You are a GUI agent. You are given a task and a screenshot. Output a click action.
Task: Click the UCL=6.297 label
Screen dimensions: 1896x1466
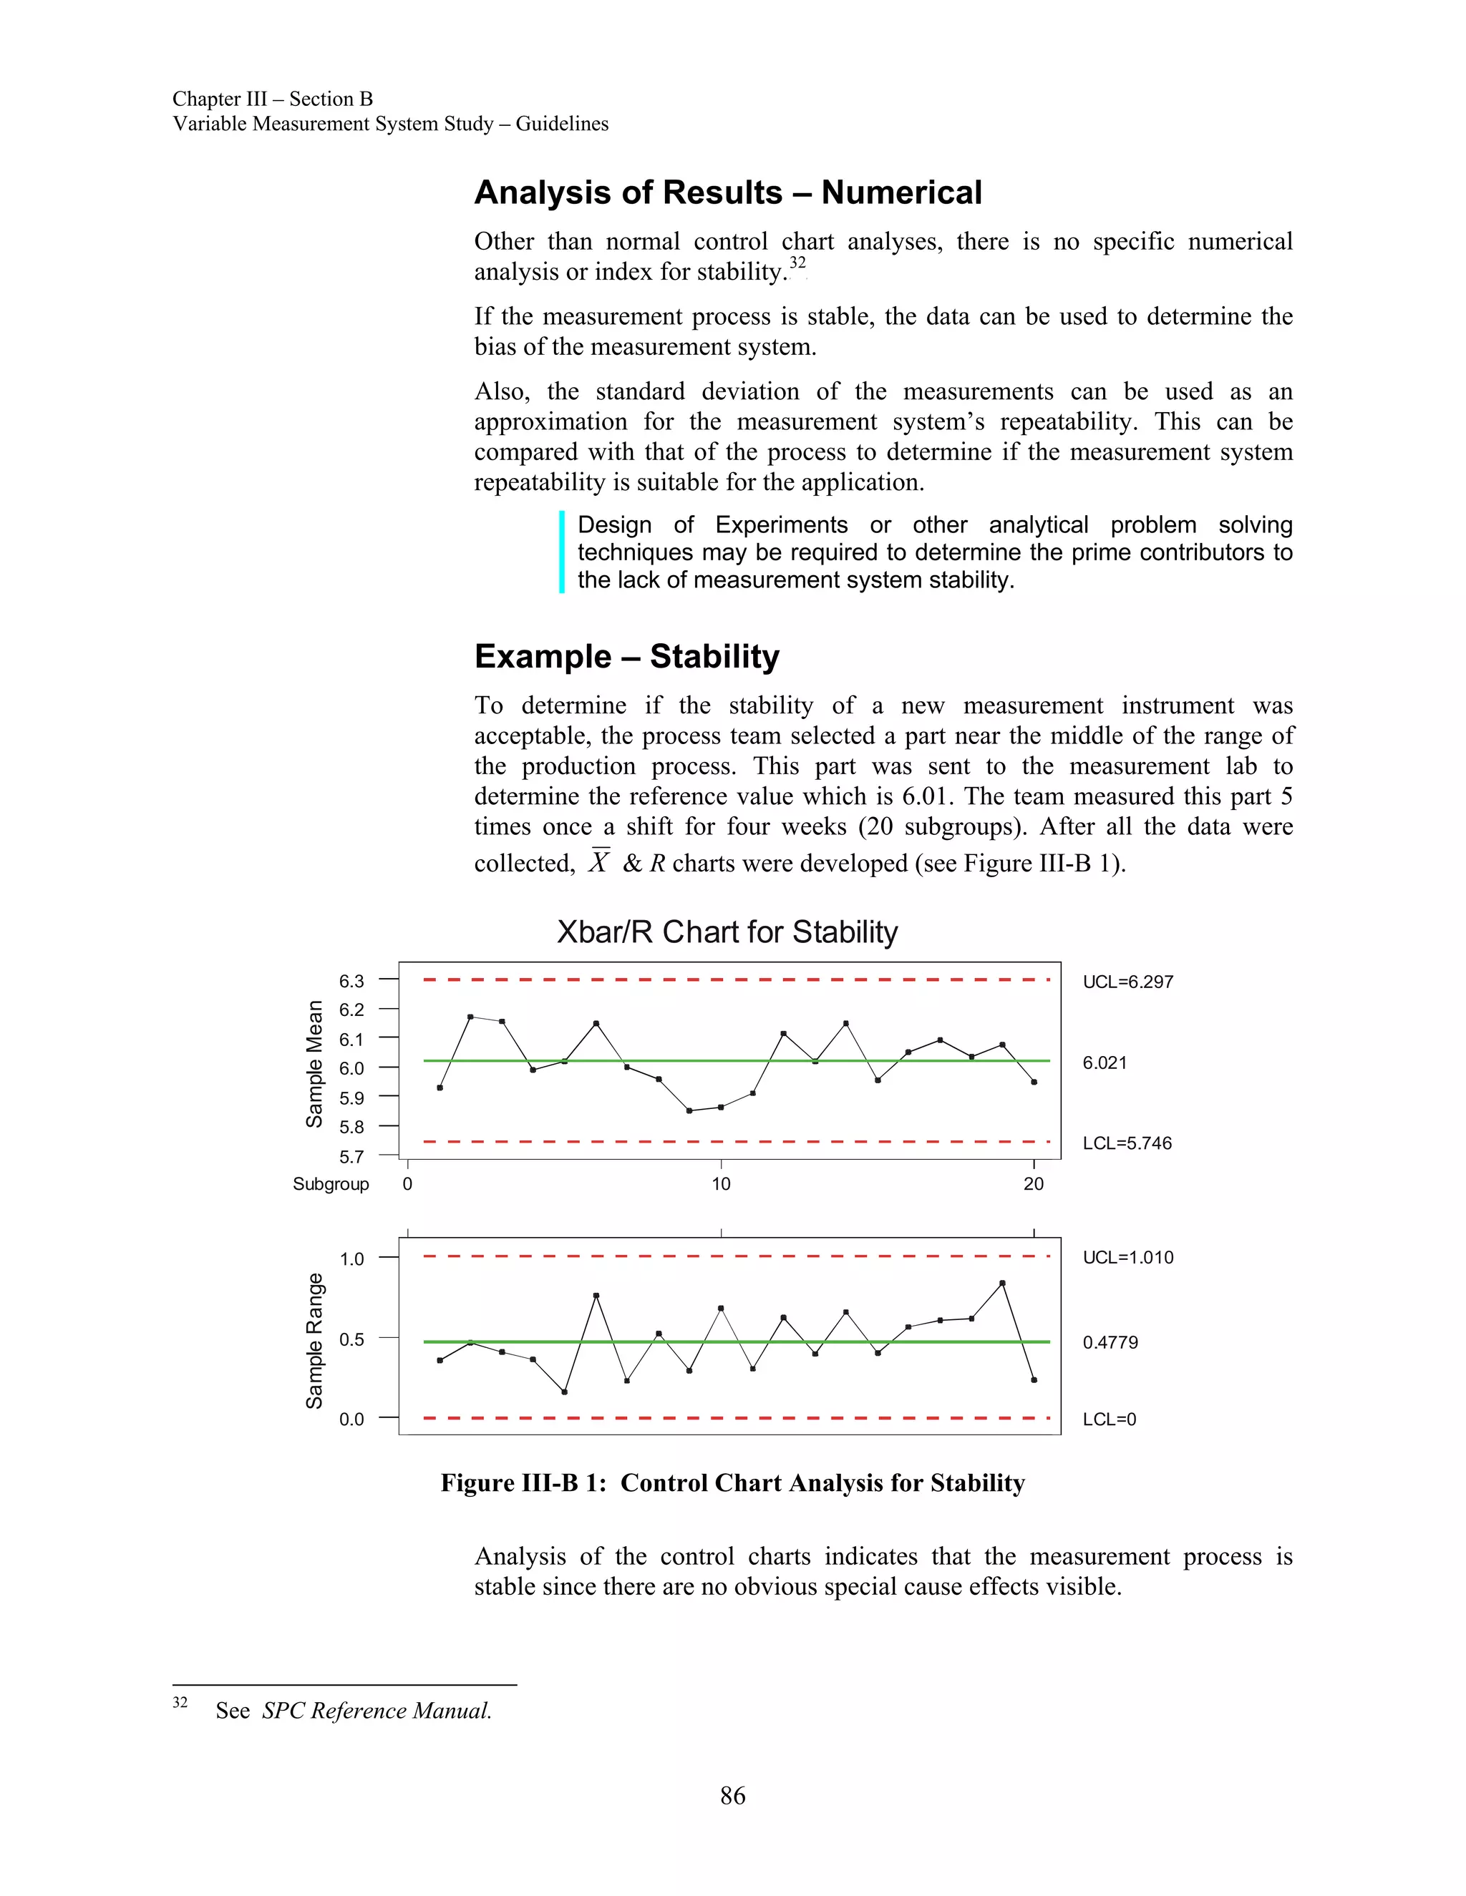(x=1127, y=982)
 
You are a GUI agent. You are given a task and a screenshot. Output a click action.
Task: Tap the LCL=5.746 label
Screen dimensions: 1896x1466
(x=1127, y=1143)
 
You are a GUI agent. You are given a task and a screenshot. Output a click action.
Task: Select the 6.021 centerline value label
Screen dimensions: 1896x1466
(x=1104, y=1062)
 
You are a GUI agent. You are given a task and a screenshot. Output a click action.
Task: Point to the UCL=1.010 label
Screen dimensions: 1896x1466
(x=1127, y=1257)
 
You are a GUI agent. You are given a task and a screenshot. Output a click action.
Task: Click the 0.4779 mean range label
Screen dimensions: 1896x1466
(x=1110, y=1342)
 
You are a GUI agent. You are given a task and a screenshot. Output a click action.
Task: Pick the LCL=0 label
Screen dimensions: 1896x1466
(x=1109, y=1419)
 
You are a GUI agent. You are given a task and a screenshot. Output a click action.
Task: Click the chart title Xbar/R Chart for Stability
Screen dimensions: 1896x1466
(x=727, y=932)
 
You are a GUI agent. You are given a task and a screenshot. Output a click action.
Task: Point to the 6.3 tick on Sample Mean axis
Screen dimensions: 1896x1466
(x=351, y=981)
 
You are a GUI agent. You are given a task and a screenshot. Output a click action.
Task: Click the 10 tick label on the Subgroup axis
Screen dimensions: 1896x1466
(x=721, y=1184)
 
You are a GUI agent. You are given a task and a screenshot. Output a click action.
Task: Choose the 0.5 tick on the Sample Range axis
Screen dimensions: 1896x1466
(x=351, y=1339)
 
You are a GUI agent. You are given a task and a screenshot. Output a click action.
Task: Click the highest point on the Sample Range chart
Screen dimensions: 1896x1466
(x=1002, y=1283)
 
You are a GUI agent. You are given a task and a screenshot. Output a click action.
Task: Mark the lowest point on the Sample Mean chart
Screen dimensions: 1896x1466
(x=689, y=1110)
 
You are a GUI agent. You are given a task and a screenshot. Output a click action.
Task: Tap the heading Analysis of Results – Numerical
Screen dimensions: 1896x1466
(x=728, y=192)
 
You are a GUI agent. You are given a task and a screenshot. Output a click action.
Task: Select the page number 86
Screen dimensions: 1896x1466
(x=732, y=1795)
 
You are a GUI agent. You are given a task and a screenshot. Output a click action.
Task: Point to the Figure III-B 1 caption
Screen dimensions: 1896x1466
(x=732, y=1482)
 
